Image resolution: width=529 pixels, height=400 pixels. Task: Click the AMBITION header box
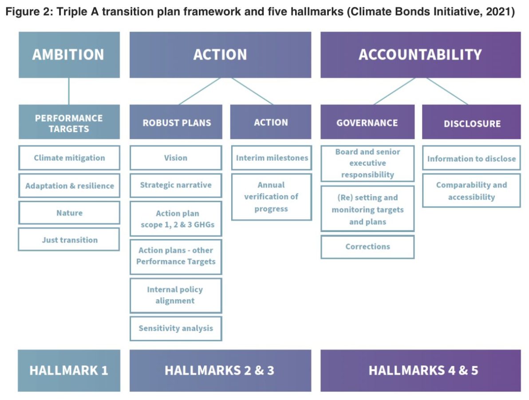pos(69,55)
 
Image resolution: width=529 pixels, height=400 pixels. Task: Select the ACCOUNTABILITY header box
pos(420,55)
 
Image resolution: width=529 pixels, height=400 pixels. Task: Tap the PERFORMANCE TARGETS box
pos(69,123)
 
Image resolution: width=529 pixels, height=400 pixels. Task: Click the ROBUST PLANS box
pos(176,123)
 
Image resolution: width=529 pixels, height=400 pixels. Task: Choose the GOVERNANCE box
pos(367,123)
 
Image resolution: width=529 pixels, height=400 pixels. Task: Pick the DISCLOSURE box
pos(471,123)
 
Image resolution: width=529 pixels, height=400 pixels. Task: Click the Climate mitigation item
pos(69,158)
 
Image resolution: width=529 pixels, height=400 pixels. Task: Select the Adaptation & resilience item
pos(69,186)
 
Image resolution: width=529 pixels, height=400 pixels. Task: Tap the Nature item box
pos(69,213)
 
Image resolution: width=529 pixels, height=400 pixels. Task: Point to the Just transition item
pos(69,240)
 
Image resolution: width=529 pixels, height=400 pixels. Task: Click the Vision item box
pos(176,158)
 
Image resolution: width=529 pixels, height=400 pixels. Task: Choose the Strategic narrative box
pos(176,185)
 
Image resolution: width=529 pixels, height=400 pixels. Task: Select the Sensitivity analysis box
pos(176,328)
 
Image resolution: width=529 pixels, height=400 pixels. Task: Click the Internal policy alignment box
pos(176,295)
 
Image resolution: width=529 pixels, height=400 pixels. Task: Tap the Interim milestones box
pos(272,158)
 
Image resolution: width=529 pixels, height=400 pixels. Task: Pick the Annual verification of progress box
pos(272,197)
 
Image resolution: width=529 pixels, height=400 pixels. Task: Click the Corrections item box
pos(367,247)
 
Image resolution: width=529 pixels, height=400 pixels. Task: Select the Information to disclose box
pos(471,158)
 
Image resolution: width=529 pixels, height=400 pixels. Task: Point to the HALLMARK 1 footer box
pos(69,370)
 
